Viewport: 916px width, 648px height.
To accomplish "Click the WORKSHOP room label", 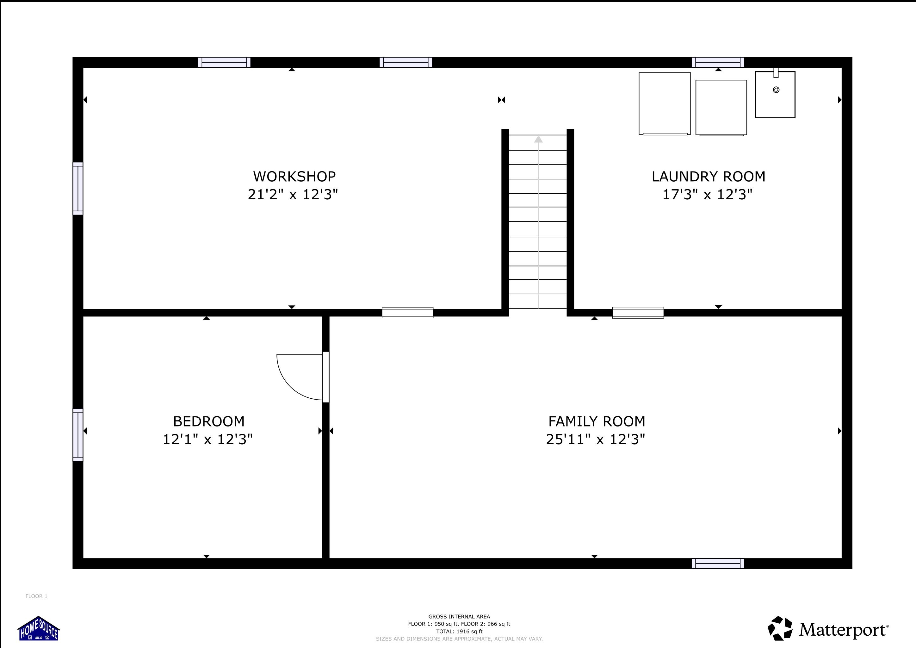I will (x=294, y=176).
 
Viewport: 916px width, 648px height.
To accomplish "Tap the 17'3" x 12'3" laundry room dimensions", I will (x=707, y=195).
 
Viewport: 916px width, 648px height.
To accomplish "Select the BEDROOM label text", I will (x=209, y=421).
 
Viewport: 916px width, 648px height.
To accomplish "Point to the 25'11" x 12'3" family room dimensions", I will (x=595, y=439).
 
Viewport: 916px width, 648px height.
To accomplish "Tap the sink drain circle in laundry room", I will (x=776, y=90).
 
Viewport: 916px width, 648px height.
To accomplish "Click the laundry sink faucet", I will (x=776, y=73).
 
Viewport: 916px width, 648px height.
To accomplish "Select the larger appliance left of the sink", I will (x=665, y=103).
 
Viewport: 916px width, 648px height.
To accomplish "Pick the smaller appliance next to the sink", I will (x=721, y=107).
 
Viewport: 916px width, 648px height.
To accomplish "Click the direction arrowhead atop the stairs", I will (x=538, y=139).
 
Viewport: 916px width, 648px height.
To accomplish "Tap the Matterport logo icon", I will (x=780, y=628).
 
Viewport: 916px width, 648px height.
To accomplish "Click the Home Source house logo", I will (x=39, y=629).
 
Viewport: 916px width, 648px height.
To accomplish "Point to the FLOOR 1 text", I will (x=36, y=596).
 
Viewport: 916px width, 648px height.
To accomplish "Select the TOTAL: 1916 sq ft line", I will (x=459, y=631).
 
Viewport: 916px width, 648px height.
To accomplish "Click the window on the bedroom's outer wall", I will (x=78, y=435).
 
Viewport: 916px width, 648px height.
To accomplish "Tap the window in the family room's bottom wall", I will (x=718, y=564).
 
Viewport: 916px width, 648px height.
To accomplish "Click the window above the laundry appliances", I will (x=718, y=62).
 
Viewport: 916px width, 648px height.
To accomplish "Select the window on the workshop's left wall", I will (x=78, y=188).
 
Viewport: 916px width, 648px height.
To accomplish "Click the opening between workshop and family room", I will (x=407, y=312).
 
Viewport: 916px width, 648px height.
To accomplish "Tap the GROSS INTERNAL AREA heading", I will (x=459, y=616).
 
